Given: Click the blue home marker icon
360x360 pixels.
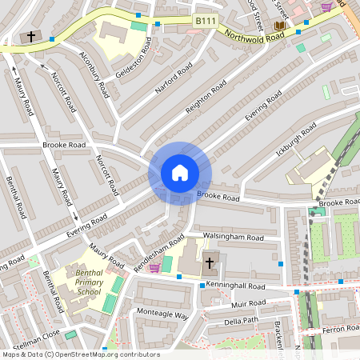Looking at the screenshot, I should coord(180,172).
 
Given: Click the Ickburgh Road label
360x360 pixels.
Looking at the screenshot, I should coord(296,139).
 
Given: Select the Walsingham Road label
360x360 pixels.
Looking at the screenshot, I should coord(234,238).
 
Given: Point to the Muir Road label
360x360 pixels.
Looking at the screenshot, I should coord(249,304).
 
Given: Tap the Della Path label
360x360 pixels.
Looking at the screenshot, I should coord(241,322).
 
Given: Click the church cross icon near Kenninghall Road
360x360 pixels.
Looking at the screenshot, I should coord(210,262).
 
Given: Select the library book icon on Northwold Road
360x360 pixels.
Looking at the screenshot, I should coord(279,26).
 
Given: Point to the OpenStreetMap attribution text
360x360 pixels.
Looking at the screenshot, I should coord(80,354).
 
